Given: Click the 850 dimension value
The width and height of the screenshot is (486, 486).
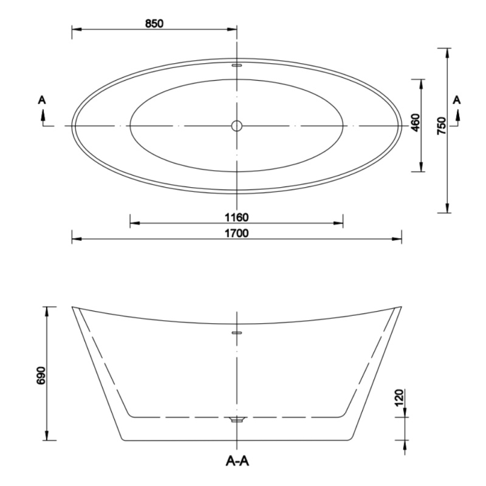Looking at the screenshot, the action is point(154,24).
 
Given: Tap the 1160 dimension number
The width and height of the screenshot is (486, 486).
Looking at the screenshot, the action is point(236,217).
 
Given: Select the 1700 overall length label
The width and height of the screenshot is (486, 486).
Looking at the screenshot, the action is point(236,233).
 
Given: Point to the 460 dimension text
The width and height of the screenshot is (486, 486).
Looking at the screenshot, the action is point(415,123).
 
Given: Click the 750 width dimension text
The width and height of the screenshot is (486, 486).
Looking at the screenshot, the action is point(441,126).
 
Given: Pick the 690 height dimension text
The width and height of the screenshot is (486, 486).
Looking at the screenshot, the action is point(41,375).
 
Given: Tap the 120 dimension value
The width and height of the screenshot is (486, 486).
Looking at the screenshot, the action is point(400,397).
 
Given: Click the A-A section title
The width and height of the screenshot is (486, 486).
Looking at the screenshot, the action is point(237,462).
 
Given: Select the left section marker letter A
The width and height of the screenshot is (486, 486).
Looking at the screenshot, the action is point(42,100).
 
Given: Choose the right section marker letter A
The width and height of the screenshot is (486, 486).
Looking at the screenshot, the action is point(457,100).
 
